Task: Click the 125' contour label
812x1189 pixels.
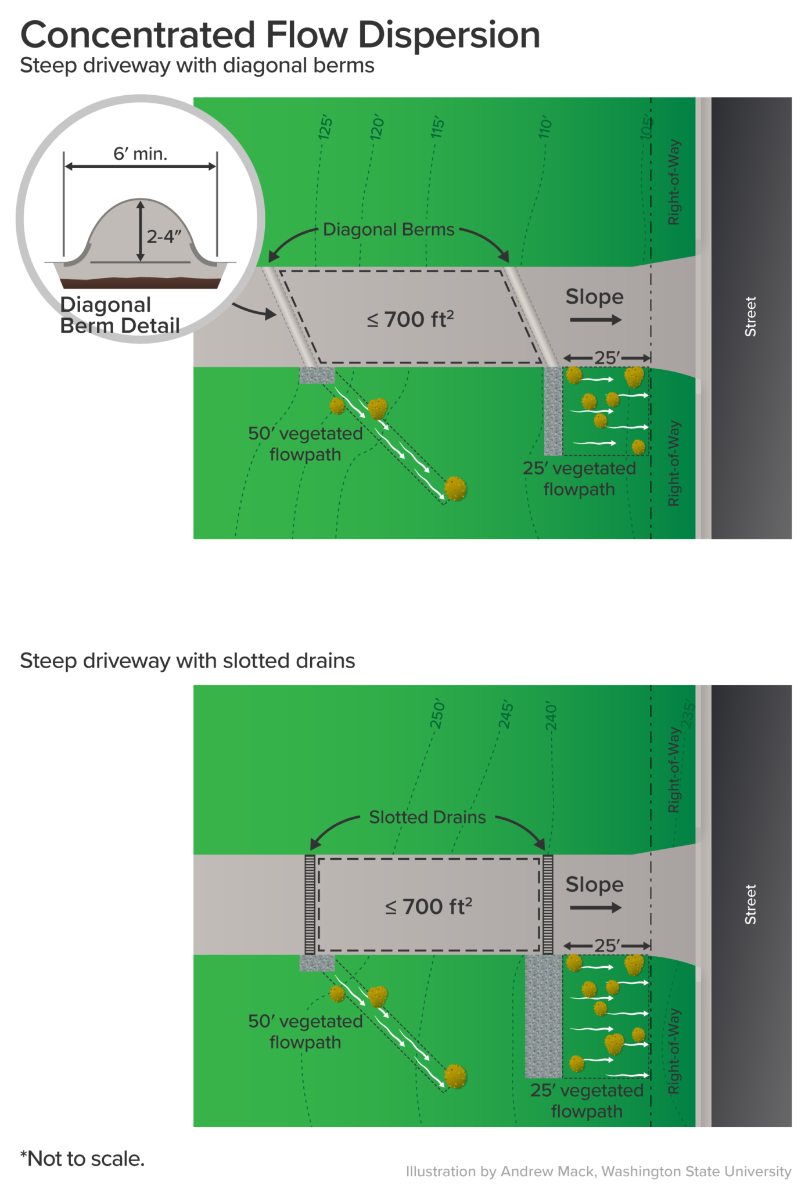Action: (x=326, y=127)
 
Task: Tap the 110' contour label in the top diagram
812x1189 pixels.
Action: (x=544, y=127)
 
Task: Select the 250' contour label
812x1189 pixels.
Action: (x=437, y=715)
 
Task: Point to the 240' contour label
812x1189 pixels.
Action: (x=551, y=717)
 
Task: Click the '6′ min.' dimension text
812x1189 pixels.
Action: (x=140, y=154)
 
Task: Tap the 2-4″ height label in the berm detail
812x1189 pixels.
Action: (x=164, y=236)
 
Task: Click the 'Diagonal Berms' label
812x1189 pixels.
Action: (x=388, y=229)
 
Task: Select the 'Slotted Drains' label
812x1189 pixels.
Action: (x=427, y=817)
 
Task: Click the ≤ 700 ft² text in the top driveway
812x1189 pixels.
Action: (x=410, y=319)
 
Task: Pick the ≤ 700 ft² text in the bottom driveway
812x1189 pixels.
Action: (x=429, y=906)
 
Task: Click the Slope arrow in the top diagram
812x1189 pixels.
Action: (x=595, y=319)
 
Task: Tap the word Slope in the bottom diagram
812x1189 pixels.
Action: (x=594, y=884)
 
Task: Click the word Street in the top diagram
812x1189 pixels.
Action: (x=750, y=316)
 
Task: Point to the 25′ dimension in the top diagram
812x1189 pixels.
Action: (x=607, y=358)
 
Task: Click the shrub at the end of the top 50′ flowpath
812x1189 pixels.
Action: (x=455, y=489)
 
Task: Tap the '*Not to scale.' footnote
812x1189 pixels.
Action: (x=82, y=1158)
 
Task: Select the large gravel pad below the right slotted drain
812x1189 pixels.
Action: (x=544, y=1016)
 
